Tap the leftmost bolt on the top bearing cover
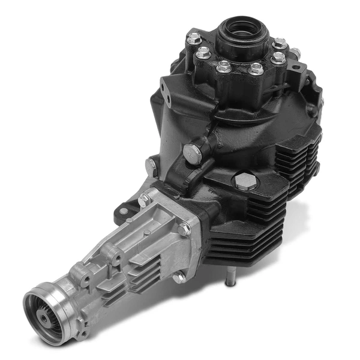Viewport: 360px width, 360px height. [193, 40]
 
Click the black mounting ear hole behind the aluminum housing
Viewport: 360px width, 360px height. [124, 209]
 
